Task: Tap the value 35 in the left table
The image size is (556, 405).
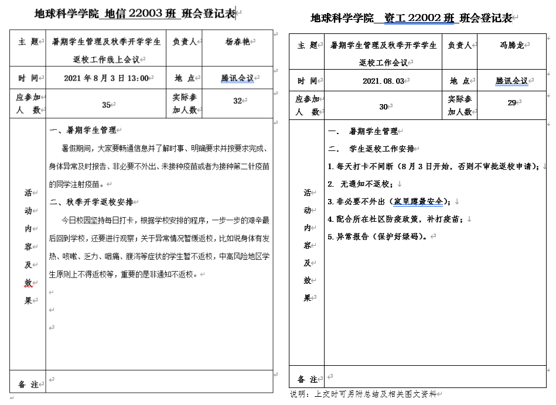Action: click(106, 105)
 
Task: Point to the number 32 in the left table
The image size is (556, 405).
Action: click(237, 101)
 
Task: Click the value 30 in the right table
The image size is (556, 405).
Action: click(384, 107)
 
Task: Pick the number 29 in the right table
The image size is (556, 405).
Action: click(511, 102)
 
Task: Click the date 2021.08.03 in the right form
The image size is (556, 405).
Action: click(383, 81)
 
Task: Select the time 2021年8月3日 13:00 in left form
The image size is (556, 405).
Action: click(105, 78)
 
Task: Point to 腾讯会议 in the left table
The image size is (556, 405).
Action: click(237, 78)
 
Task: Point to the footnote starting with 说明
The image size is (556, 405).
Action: click(363, 394)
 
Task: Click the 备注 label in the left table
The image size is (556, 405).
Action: click(28, 385)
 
